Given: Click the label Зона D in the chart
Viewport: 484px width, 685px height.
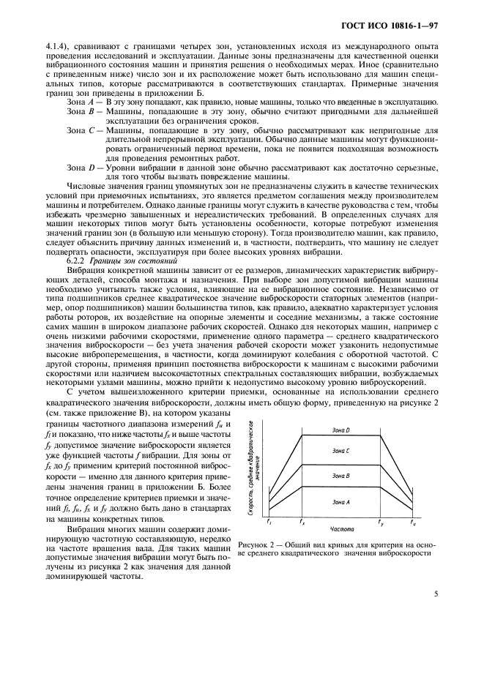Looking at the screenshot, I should (341, 430).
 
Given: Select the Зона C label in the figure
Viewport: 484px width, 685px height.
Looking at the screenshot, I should (341, 452).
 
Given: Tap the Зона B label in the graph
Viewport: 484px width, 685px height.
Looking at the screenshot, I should (341, 476).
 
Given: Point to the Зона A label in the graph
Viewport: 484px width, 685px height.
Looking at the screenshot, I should (341, 501).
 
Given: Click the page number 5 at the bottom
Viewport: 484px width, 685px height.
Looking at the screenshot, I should (436, 594).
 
